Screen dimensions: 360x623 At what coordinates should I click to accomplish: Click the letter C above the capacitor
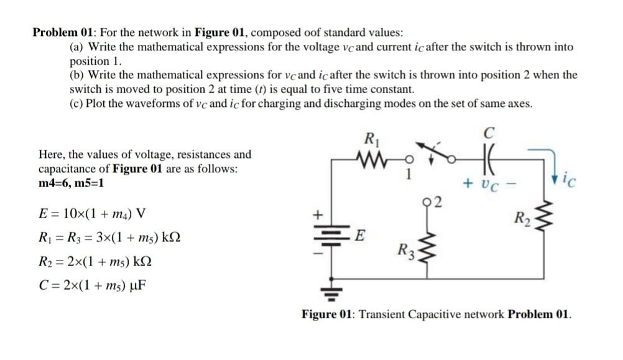click(x=489, y=132)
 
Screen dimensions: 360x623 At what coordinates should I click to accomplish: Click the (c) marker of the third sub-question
click(x=76, y=103)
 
